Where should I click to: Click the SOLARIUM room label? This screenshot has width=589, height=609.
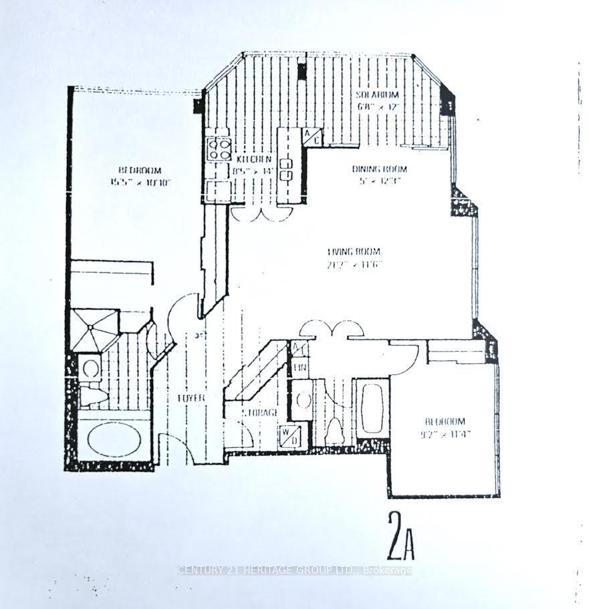[378, 95]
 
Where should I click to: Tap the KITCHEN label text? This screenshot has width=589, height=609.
[254, 159]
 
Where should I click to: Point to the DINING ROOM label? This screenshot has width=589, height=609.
[379, 169]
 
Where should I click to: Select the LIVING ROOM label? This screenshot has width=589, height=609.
[354, 252]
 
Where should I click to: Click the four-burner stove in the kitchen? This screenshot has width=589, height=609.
[219, 148]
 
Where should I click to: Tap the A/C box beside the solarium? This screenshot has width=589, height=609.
[312, 136]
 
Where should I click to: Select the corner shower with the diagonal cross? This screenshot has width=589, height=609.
[94, 330]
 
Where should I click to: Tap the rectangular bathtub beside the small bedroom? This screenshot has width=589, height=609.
[371, 408]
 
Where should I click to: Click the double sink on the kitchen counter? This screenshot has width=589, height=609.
[288, 170]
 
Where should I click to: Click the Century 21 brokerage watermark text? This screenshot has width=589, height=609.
[294, 570]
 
